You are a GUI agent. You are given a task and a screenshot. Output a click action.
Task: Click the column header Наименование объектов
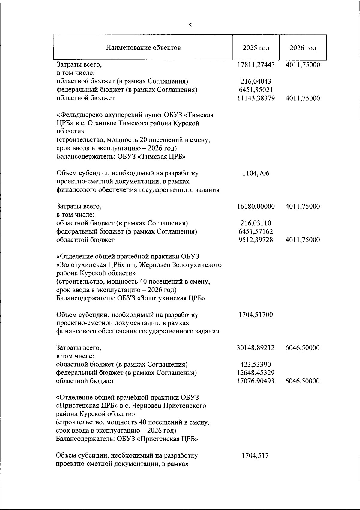point(143,48)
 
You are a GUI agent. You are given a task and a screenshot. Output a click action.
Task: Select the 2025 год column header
point(256,48)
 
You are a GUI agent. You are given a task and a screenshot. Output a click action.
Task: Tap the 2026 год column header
point(303,48)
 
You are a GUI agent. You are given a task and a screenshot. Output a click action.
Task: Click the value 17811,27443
point(256,65)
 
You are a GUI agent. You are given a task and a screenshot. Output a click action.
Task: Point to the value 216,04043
point(256,82)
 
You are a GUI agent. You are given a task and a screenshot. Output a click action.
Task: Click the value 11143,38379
point(256,98)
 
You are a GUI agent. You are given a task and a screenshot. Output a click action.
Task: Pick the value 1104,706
point(256,173)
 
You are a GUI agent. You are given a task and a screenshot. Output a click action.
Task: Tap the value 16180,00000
point(256,206)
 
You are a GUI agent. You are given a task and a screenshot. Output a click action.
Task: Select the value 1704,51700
point(256,315)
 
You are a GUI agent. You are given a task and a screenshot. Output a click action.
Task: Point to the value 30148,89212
point(256,348)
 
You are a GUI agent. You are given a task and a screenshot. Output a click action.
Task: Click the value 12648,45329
point(256,373)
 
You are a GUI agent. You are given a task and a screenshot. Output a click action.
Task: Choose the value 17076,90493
point(256,381)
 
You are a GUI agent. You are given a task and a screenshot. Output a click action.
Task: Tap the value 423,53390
point(256,365)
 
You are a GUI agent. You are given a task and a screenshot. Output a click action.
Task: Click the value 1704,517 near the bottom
point(255,456)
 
